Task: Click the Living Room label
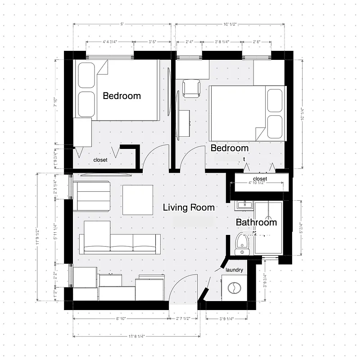[x=188, y=207]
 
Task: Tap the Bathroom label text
[x=256, y=222]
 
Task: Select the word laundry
[x=234, y=270]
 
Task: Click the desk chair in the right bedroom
[x=191, y=88]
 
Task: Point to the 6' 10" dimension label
[x=120, y=319]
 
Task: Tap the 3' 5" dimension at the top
[x=152, y=42]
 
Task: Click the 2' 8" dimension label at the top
[x=256, y=42]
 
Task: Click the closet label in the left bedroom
[x=100, y=160]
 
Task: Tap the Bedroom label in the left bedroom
[x=122, y=96]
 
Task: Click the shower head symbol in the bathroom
[x=269, y=205]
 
